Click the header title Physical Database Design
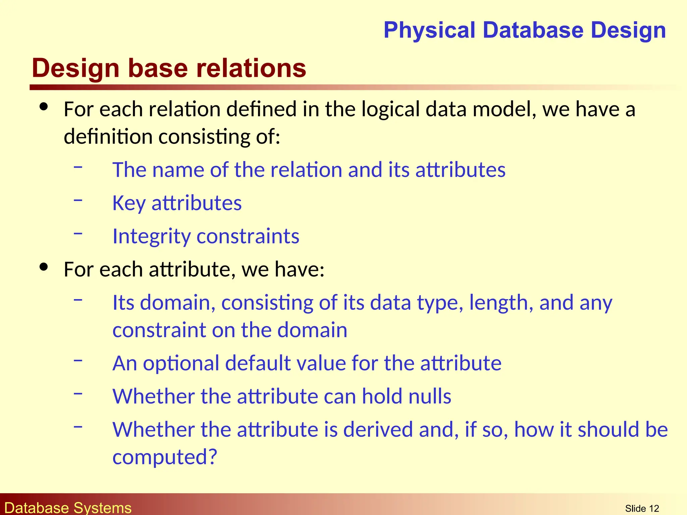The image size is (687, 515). coord(524,30)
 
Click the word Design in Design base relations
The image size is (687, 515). coord(75,68)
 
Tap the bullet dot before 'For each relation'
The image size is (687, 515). coord(44,107)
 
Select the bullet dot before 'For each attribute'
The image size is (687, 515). coord(44,267)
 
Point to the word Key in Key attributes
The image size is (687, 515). coord(129,203)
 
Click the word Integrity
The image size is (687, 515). coord(151,236)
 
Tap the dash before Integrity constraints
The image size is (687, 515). coord(78,233)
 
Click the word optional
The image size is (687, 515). coord(181,363)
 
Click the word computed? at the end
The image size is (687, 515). coord(165,457)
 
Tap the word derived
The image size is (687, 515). coord(378,430)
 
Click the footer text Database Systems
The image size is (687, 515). coord(68,508)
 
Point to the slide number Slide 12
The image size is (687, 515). coord(642,509)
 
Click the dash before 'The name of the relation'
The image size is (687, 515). coord(78,167)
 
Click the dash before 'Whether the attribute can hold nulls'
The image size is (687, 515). coord(78,393)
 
